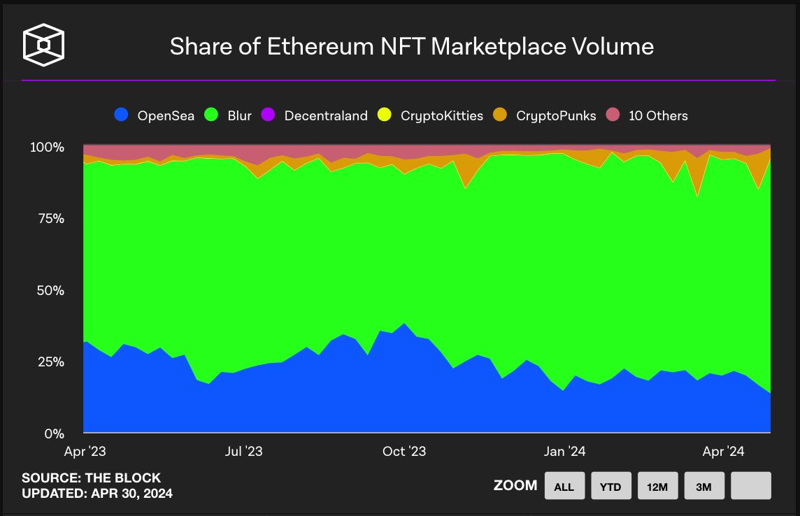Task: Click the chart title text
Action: [x=412, y=47]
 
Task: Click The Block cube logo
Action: [x=44, y=45]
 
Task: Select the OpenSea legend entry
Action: [x=155, y=115]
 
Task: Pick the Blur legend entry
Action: [x=229, y=115]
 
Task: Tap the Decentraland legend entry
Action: [x=315, y=115]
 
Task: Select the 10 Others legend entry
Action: [x=648, y=115]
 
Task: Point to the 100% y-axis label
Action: [x=47, y=148]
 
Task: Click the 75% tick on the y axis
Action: [x=50, y=219]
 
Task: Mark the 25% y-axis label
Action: [x=50, y=361]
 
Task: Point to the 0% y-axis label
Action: [x=54, y=433]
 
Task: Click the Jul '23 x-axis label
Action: [x=245, y=452]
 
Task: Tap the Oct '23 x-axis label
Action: [x=405, y=452]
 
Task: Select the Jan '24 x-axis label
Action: [x=565, y=452]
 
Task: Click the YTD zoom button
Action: [x=611, y=486]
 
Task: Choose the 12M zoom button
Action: [x=658, y=486]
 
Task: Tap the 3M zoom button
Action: [x=704, y=486]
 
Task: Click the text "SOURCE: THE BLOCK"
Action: [x=91, y=478]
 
